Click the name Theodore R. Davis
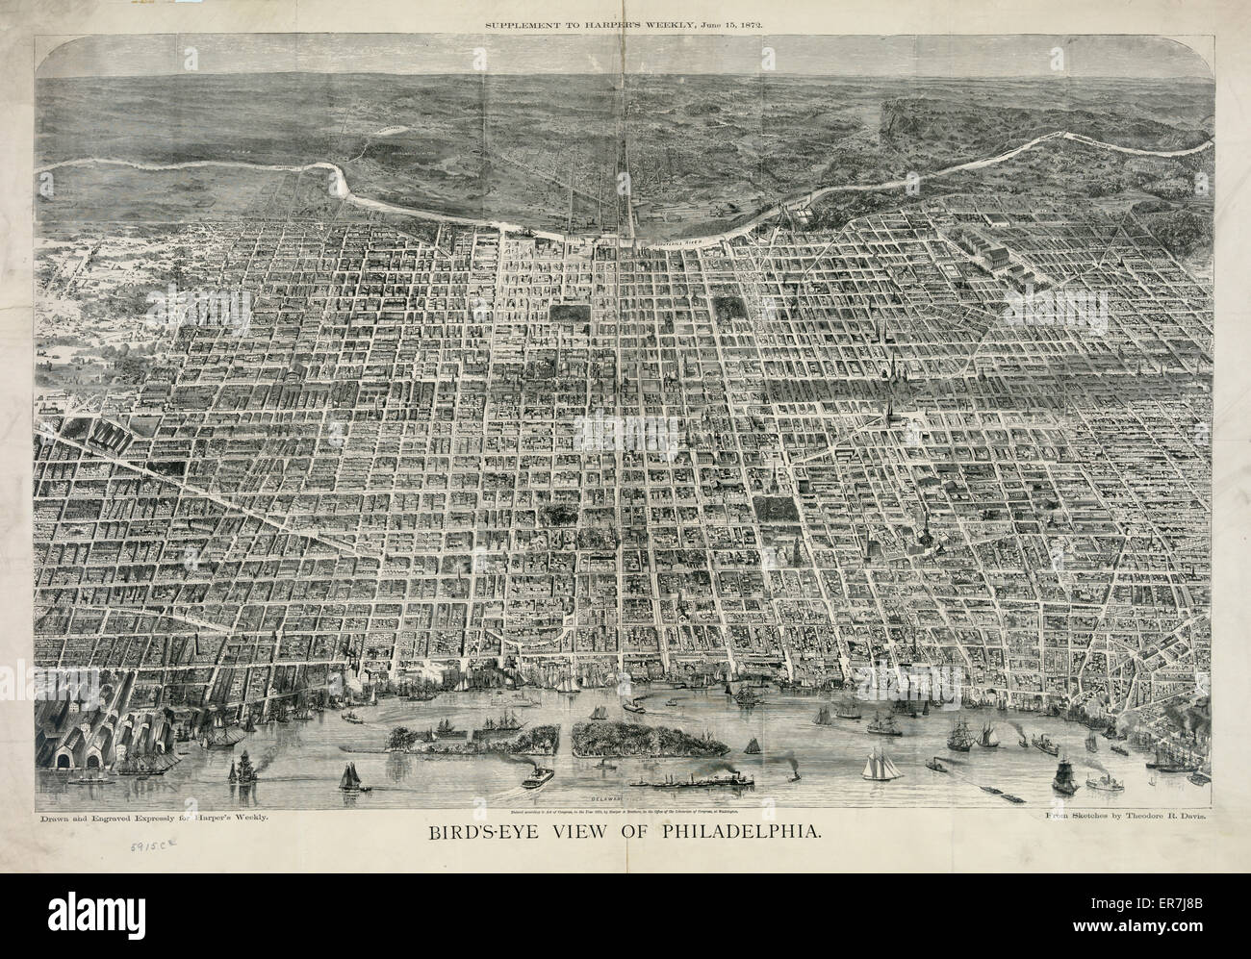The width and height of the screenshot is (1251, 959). (x=1167, y=815)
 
